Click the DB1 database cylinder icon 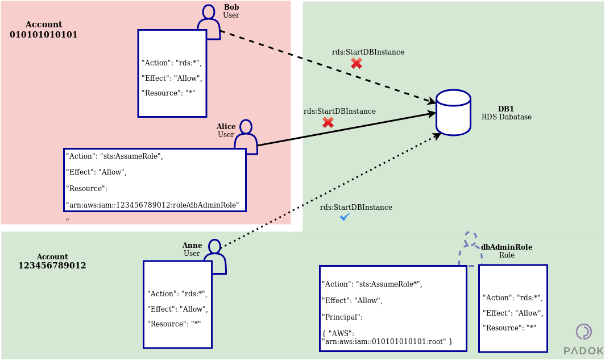click(x=453, y=113)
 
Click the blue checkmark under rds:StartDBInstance click(x=345, y=217)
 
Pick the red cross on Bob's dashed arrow click(x=357, y=63)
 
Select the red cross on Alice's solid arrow click(x=328, y=122)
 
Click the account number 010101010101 click(x=44, y=35)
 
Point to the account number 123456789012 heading click(x=52, y=266)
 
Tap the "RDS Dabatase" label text click(x=507, y=117)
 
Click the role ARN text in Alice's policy click(x=152, y=204)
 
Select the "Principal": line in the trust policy click(x=342, y=317)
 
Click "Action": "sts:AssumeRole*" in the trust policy click(x=372, y=284)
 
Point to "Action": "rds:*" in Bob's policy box click(x=171, y=63)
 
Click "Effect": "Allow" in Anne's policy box click(x=177, y=309)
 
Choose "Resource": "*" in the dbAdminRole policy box click(x=509, y=328)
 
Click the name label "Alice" click(x=226, y=126)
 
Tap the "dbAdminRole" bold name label click(x=507, y=247)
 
